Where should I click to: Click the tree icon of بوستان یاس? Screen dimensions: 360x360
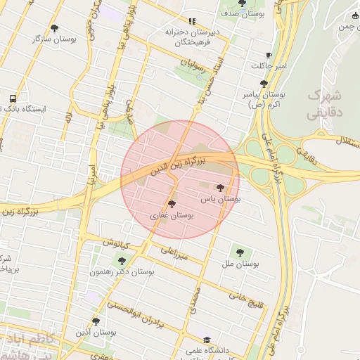tap(221, 188)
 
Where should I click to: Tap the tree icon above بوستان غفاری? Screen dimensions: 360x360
tap(172, 204)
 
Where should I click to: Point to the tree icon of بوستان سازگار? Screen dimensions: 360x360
tap(54, 28)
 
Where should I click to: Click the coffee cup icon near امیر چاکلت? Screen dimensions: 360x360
tap(269, 55)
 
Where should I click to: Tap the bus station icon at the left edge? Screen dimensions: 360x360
tap(13, 98)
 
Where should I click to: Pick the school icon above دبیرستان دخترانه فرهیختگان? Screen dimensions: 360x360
tap(192, 20)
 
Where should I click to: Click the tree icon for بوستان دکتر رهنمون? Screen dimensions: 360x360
tap(122, 261)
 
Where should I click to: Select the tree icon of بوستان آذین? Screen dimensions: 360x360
tap(96, 321)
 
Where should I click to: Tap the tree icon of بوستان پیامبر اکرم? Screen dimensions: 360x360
tap(264, 83)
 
